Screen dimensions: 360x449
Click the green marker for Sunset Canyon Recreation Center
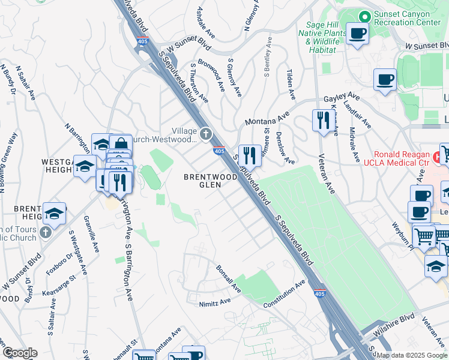click(364, 17)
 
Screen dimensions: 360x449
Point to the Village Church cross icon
click(206, 134)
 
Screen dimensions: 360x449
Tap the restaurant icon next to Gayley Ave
click(323, 120)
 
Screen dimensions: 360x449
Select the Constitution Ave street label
click(285, 294)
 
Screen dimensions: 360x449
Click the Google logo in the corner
click(19, 353)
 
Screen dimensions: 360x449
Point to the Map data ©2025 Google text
click(412, 355)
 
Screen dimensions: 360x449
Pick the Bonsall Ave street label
click(229, 279)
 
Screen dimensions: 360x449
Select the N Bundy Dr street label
click(10, 80)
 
